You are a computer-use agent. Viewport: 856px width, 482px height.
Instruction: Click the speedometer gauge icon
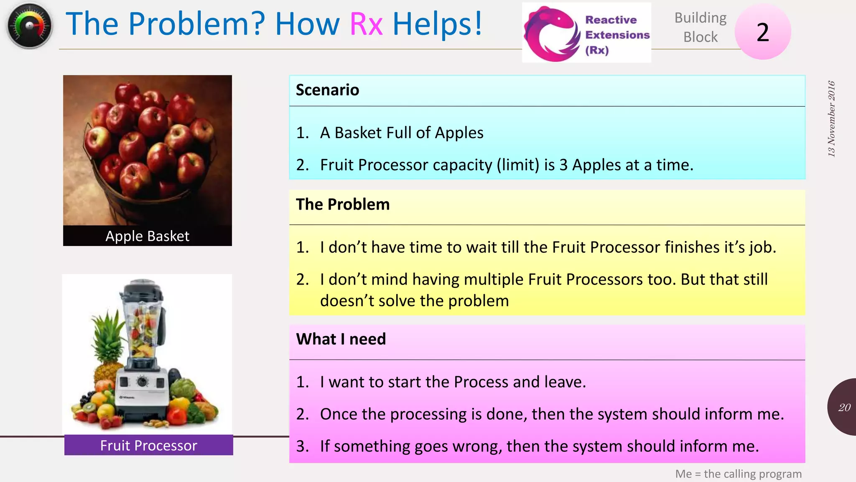29,26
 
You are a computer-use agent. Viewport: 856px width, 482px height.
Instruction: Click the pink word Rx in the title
366,24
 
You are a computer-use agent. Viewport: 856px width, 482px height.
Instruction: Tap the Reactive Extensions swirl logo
551,33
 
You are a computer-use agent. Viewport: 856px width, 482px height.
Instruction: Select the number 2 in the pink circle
762,32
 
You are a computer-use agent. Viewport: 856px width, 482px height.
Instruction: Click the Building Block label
700,27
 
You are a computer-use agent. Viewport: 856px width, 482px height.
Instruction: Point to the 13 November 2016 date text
831,119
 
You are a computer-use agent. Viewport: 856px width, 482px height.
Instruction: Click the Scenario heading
327,90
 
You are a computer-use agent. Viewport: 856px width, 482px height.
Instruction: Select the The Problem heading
343,205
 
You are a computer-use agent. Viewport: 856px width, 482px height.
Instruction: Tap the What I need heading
341,339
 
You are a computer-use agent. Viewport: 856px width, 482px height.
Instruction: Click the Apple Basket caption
147,236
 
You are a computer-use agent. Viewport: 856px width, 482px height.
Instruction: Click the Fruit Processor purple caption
148,446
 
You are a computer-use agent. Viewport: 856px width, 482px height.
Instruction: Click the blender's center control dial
143,382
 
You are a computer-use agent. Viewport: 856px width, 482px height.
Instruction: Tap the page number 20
844,408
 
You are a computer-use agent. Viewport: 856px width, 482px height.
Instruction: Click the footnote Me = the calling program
738,474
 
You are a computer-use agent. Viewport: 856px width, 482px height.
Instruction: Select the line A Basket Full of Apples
401,133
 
